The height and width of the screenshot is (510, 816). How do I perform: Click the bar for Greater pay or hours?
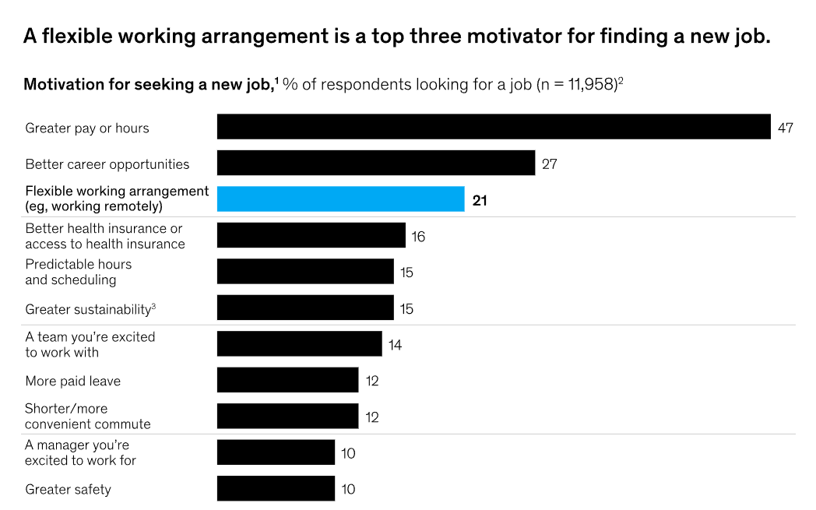493,127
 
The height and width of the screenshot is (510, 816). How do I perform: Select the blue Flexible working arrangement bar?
340,199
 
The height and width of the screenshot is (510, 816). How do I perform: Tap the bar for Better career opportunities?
375,164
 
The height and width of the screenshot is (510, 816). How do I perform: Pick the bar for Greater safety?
276,489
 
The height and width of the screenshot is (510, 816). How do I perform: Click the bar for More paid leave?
287,381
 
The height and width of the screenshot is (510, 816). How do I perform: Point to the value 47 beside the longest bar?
785,128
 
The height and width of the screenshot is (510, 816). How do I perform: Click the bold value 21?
480,200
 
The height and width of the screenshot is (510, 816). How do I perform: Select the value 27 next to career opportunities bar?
549,164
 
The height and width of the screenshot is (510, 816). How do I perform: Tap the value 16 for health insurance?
418,236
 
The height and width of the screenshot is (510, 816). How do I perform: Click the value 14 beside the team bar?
395,345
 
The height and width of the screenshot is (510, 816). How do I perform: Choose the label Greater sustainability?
87,309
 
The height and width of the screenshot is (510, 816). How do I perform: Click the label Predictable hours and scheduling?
78,272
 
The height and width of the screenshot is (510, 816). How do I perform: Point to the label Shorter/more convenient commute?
87,417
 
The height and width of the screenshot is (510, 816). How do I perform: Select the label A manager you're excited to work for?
80,452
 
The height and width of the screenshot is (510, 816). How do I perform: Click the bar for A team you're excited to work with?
299,344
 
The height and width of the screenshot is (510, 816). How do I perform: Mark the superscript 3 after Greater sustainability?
153,306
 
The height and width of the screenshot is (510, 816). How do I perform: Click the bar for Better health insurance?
311,235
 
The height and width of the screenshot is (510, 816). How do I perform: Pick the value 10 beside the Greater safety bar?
348,490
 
